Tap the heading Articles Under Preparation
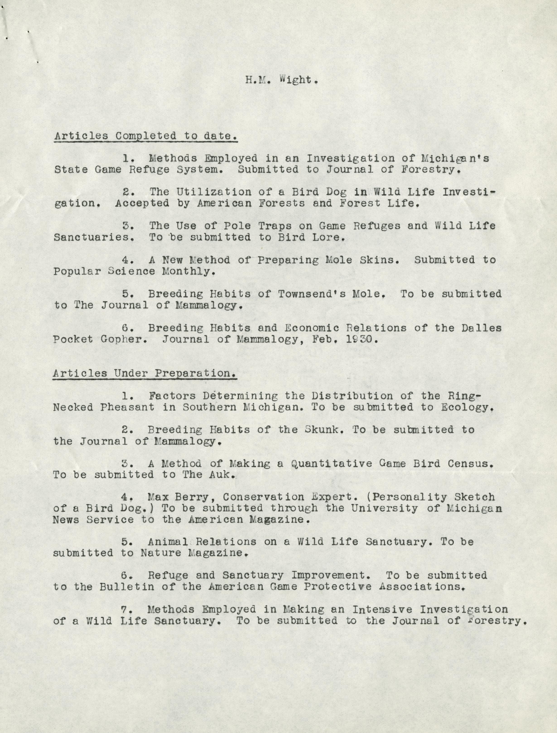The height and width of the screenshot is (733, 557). click(145, 373)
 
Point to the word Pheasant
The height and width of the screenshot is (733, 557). click(127, 407)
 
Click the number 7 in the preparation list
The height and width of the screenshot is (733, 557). click(125, 609)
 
